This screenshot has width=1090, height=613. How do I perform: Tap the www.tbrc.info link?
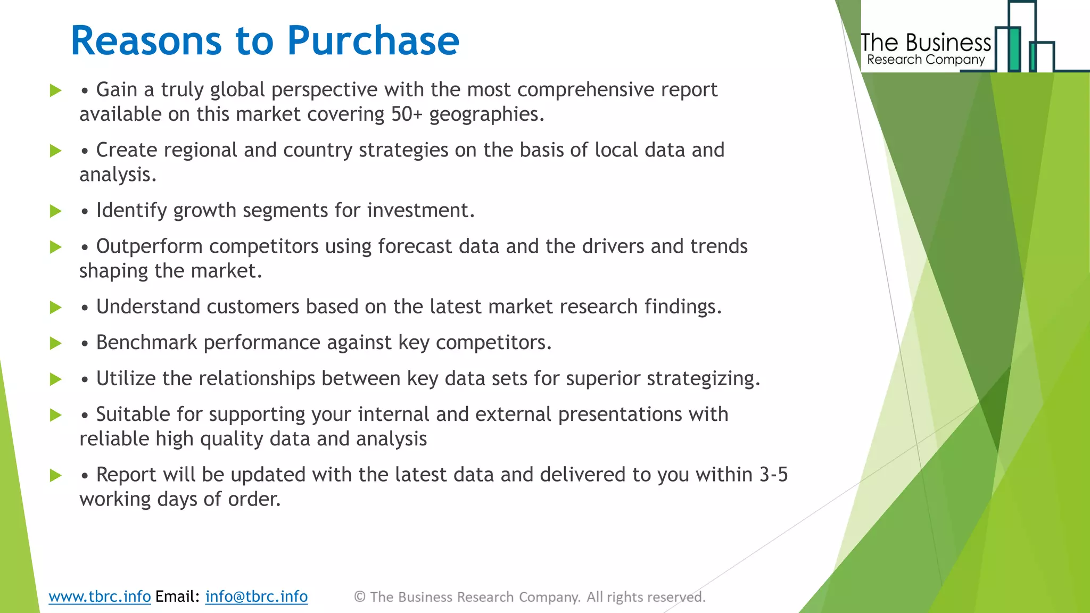pos(100,597)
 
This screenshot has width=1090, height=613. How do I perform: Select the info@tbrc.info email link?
pos(257,597)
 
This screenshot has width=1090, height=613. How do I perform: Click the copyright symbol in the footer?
pos(360,597)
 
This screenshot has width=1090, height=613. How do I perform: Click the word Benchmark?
pos(146,343)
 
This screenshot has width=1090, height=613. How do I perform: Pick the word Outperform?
pos(149,246)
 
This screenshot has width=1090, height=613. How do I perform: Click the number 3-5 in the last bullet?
pos(773,475)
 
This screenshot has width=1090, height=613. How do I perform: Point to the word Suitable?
pos(133,415)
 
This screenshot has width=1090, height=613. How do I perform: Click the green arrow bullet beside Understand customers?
pos(55,308)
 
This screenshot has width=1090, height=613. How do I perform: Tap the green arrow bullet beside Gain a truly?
pos(55,90)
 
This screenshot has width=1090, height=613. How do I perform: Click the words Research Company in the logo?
pos(926,60)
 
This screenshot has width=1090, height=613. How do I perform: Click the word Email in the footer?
pos(177,597)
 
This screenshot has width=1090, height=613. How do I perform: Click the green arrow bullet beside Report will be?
pos(55,475)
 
